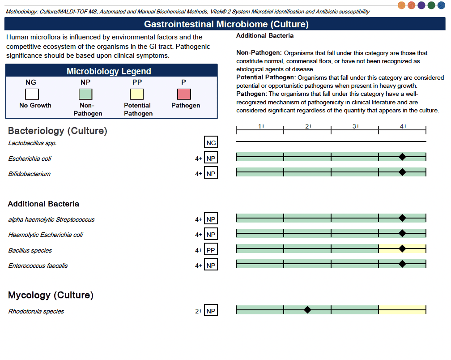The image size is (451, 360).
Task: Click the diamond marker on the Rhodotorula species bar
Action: (x=307, y=310)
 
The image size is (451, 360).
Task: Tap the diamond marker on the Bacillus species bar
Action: (x=402, y=249)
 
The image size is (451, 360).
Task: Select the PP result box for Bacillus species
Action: (x=211, y=250)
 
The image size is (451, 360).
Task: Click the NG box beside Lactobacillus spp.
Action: (x=211, y=143)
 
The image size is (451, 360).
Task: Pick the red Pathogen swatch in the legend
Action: (x=184, y=94)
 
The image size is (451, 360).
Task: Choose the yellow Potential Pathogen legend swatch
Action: (x=137, y=94)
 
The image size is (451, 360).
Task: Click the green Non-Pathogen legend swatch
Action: (x=85, y=94)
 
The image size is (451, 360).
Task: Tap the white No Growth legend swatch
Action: (x=32, y=94)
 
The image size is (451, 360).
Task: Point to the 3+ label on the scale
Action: (x=356, y=126)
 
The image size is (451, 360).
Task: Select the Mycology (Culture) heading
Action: (x=51, y=295)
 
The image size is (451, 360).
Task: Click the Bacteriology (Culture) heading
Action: (x=58, y=131)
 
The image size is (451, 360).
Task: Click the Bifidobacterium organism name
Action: (x=29, y=174)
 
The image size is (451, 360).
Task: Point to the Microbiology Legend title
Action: (x=109, y=72)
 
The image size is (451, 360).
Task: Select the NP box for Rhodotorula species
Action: (x=211, y=311)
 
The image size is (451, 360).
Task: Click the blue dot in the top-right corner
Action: (x=441, y=5)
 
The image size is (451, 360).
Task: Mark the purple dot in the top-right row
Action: (x=421, y=5)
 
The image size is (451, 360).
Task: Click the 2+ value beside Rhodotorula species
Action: (x=198, y=311)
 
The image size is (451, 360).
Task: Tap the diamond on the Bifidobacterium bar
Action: (x=402, y=172)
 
